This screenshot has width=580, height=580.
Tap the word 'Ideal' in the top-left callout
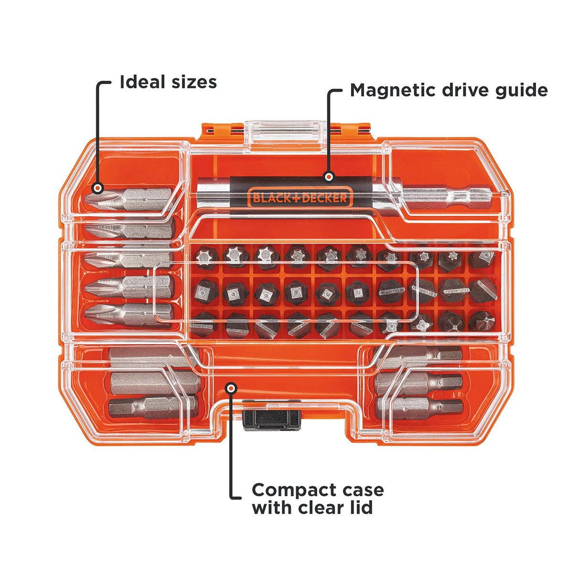[x=142, y=82]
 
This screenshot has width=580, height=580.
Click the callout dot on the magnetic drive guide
[x=328, y=177]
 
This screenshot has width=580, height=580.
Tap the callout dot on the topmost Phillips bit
[x=97, y=188]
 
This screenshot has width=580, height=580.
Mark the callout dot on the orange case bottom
[x=231, y=388]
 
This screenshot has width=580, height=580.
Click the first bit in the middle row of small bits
[x=205, y=291]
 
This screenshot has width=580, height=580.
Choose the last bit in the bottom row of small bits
[x=482, y=321]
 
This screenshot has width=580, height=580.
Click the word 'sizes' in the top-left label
[x=193, y=82]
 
